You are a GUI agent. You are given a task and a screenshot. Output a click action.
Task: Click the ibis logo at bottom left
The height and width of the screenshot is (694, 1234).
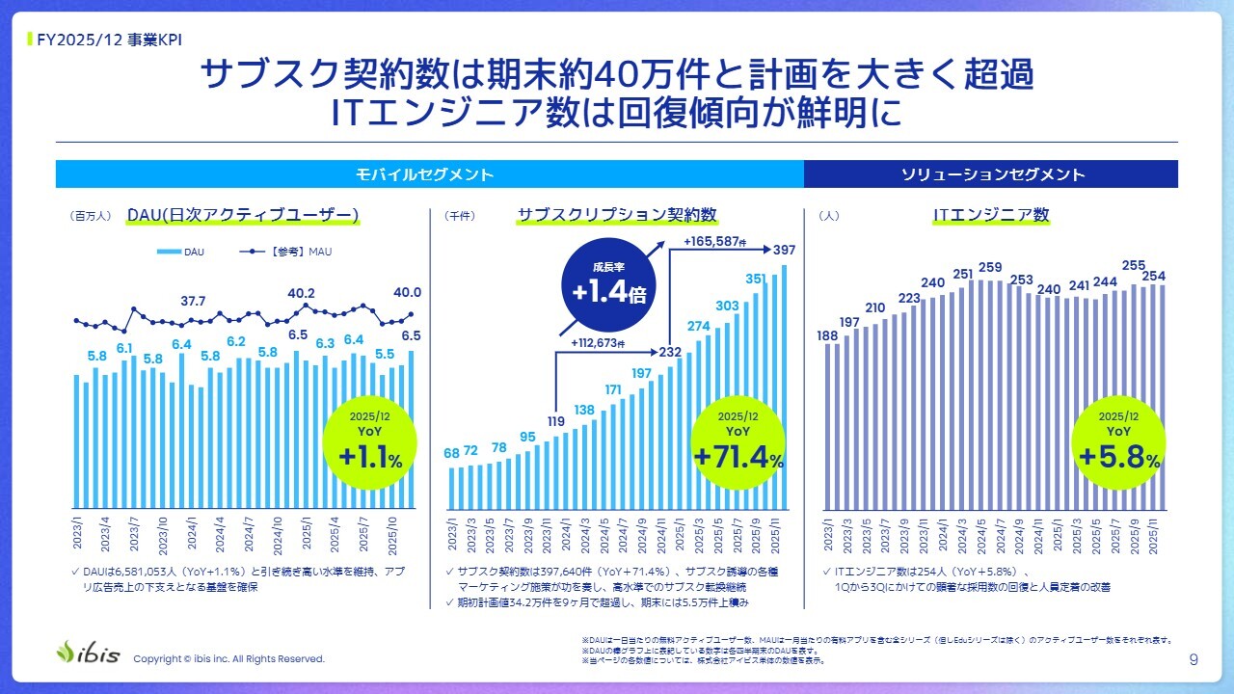(89, 652)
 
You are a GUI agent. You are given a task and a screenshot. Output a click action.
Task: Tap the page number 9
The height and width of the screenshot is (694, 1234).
(1194, 659)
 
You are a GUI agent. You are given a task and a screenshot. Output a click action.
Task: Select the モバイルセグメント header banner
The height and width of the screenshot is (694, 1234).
(426, 174)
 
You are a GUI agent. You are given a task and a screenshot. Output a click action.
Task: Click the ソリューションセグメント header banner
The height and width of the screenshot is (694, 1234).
(992, 174)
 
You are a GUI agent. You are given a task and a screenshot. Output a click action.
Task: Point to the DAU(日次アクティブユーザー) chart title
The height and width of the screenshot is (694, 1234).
(243, 215)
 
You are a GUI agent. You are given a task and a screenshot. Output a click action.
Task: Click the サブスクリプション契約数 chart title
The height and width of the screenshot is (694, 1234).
(617, 215)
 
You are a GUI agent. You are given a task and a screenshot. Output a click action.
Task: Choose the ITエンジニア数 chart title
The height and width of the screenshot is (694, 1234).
(991, 215)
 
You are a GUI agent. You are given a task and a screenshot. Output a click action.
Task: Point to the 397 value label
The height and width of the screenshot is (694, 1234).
(784, 251)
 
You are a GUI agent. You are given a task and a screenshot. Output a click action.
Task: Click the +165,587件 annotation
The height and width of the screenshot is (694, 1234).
(715, 241)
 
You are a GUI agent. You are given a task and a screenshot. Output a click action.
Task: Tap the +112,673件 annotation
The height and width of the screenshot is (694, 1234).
(598, 343)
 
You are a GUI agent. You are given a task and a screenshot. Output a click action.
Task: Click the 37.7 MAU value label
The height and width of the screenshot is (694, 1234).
(194, 301)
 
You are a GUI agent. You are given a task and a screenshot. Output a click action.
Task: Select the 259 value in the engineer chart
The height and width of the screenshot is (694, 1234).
(990, 267)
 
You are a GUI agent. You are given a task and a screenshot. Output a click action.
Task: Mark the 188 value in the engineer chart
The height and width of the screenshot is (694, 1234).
(828, 334)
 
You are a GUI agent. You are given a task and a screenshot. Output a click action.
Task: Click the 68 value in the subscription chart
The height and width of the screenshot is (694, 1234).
(451, 453)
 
